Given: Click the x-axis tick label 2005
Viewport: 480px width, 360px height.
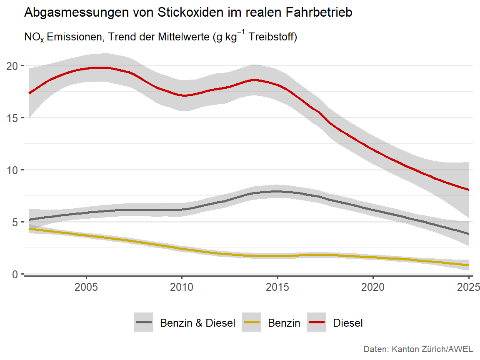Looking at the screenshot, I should click(86, 287).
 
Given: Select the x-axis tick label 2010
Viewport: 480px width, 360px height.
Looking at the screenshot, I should click(182, 287).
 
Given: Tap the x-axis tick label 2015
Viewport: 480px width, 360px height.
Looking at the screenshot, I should click(277, 287).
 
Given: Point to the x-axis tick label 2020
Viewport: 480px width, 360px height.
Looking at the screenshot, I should click(372, 287).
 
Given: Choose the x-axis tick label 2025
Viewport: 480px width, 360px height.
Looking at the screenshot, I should click(468, 287).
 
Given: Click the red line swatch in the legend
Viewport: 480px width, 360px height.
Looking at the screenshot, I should click(317, 322).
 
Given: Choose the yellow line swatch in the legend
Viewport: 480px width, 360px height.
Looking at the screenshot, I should click(252, 322).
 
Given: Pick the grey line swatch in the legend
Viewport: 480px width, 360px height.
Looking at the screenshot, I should click(144, 322).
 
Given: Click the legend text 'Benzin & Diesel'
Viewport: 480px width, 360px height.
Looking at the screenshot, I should click(197, 323).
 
